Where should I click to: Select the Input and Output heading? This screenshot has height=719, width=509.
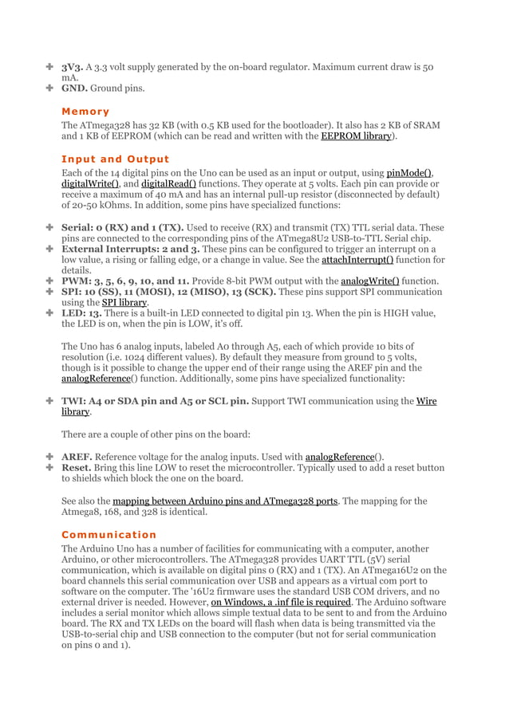point(115,159)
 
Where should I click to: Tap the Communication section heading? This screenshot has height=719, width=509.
point(109,534)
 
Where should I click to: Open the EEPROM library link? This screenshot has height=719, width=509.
point(357,136)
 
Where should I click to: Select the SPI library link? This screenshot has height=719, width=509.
point(124,303)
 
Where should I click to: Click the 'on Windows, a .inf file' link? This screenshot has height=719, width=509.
point(281,602)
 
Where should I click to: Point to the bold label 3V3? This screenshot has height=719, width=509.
point(74,68)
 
